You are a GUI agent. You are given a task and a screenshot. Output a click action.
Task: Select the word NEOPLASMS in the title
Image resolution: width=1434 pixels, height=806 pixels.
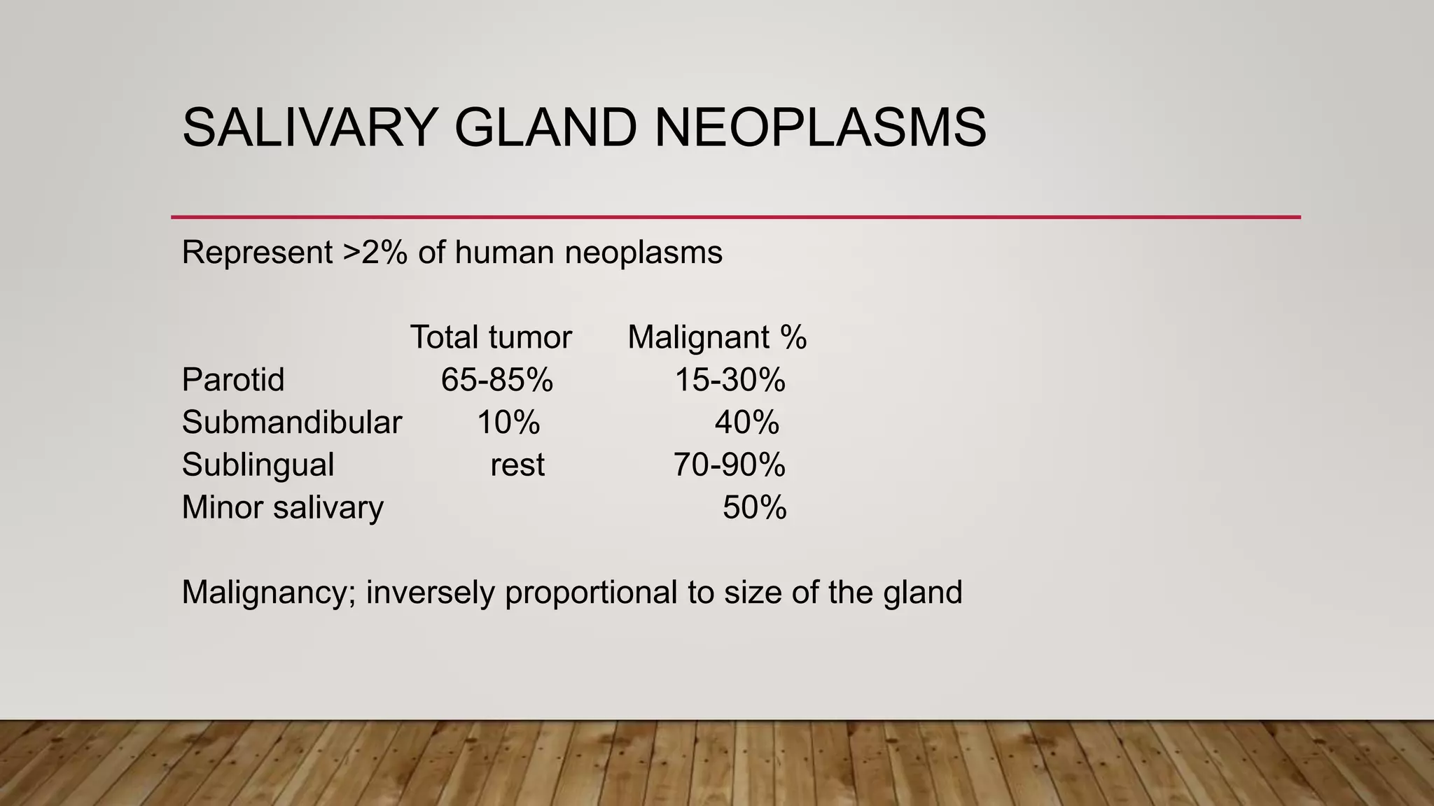[820, 127]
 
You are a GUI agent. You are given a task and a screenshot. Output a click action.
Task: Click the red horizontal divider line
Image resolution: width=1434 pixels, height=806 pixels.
[735, 217]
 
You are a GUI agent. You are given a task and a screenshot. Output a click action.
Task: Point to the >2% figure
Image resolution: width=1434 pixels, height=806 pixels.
[375, 252]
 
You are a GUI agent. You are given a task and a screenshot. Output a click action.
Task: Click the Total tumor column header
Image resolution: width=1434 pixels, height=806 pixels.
[491, 337]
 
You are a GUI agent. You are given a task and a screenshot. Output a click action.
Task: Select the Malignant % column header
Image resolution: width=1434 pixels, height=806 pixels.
[717, 337]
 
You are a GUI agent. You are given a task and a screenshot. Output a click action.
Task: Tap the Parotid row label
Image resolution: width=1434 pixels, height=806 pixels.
[233, 380]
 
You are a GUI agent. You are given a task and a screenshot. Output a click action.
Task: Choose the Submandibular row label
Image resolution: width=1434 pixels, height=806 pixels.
[291, 423]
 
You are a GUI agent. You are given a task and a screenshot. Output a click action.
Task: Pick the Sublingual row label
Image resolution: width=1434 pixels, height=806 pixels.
[258, 465]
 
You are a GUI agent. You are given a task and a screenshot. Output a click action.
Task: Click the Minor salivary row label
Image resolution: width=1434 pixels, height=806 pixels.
[282, 507]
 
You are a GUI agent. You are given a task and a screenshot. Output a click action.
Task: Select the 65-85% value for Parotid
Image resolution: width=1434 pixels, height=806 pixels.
[497, 380]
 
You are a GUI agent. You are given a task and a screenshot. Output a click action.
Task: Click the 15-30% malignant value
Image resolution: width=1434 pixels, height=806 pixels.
[730, 380]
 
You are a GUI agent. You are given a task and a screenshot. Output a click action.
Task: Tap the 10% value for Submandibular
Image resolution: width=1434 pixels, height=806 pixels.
[508, 423]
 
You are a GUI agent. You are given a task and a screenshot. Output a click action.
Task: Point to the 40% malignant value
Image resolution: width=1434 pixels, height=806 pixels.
[746, 423]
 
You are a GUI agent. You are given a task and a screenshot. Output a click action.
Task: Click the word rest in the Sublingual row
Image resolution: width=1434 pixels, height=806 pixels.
[517, 465]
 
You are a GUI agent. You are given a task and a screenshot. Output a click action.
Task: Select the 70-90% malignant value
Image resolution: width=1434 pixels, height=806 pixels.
[730, 465]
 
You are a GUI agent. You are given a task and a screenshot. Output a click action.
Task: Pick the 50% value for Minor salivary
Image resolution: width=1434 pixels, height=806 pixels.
[754, 507]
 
